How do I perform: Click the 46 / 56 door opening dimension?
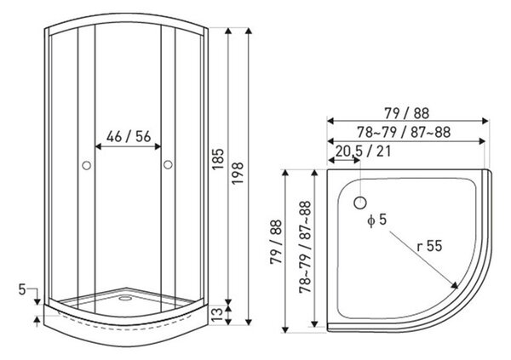coord(129,137)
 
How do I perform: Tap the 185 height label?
coord(218,159)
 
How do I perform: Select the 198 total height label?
coord(238,173)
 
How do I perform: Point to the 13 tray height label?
coord(218,314)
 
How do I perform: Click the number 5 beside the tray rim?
coord(22,289)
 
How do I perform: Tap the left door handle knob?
coord(86,165)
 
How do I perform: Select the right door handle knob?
coord(168,165)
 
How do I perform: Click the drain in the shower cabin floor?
coord(125,298)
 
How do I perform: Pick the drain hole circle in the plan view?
coord(360,203)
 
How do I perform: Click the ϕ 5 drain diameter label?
coord(376,220)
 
